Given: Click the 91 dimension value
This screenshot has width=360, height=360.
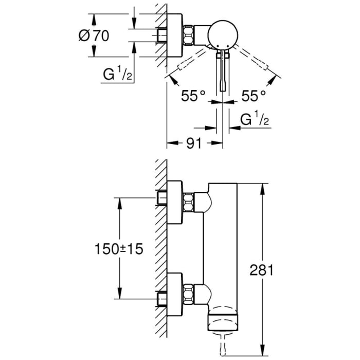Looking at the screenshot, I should (x=193, y=144).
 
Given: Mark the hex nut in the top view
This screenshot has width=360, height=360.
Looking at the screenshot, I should (x=190, y=36).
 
